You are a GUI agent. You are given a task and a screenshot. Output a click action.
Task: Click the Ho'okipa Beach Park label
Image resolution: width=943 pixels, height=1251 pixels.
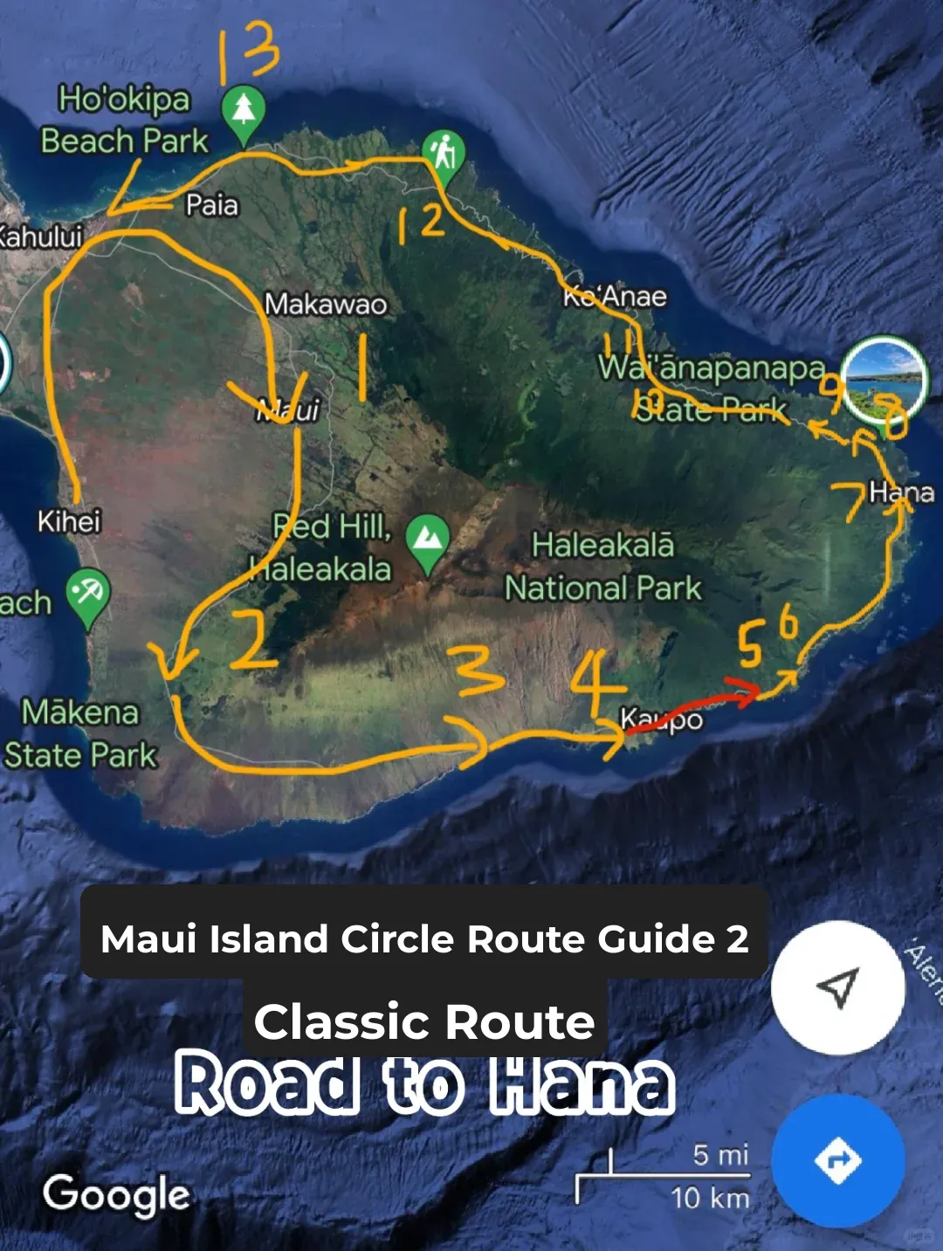coord(124,120)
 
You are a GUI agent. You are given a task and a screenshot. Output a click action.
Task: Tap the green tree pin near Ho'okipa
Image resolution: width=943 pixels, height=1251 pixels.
coord(244,112)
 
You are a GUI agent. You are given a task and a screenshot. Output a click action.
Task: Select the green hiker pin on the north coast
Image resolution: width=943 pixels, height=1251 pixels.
coord(444,155)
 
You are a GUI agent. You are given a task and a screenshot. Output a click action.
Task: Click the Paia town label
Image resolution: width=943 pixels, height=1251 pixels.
coord(211,205)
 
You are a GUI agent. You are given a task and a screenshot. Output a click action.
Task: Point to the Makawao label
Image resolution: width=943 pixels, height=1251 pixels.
coord(326,304)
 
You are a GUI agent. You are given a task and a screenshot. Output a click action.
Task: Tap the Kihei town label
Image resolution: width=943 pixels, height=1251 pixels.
coord(69,521)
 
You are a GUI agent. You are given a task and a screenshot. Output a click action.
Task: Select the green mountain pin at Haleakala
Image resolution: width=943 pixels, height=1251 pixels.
coord(427,540)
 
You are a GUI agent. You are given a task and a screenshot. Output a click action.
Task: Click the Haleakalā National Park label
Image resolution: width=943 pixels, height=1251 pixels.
coord(603,567)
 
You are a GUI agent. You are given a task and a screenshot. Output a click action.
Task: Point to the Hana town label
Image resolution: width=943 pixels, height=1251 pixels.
coord(901,492)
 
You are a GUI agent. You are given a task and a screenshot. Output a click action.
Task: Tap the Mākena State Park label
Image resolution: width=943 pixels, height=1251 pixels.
coord(80,733)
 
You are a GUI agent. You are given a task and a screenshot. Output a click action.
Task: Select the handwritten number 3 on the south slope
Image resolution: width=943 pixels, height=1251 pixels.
coord(479,672)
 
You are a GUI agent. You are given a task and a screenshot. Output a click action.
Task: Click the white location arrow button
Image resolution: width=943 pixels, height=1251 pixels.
coord(838,987)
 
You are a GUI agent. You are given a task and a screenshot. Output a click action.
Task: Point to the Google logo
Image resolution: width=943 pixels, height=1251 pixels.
coord(117,1194)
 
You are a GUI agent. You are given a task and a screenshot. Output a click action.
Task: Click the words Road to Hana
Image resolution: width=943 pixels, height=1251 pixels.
coord(424,1085)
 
